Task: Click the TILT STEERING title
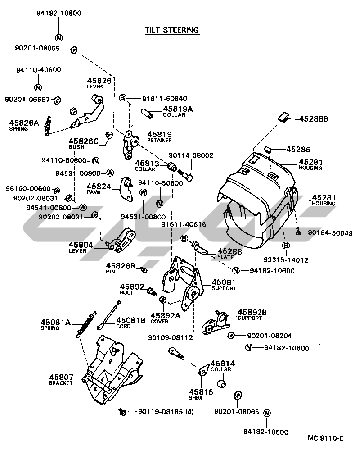pos(171,30)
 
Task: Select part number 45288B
pos(314,119)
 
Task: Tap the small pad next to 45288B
pos(284,118)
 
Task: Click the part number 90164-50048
pos(330,233)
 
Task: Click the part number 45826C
pos(83,141)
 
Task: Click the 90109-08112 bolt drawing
pos(175,351)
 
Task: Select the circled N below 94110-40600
pos(38,87)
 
